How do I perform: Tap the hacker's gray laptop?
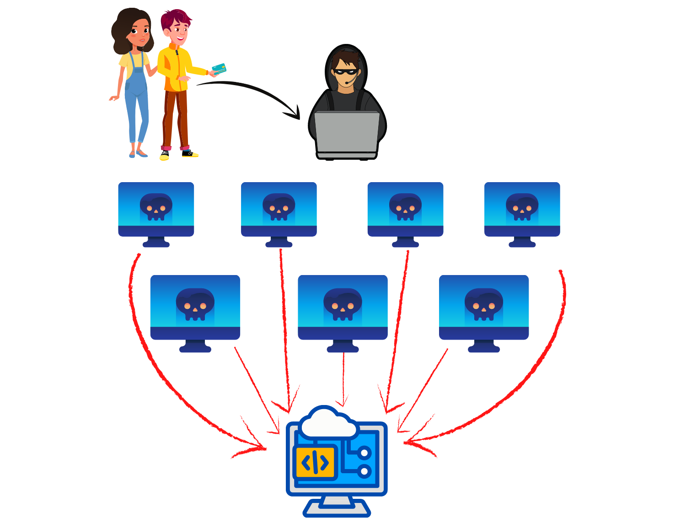(347, 133)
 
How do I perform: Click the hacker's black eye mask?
(345, 72)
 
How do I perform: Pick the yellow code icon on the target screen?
(316, 463)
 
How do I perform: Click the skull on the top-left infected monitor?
(156, 207)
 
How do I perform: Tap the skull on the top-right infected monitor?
(522, 207)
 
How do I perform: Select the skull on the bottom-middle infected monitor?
(343, 304)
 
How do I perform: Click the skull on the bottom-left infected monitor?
(195, 304)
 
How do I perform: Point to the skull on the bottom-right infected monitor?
(483, 304)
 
